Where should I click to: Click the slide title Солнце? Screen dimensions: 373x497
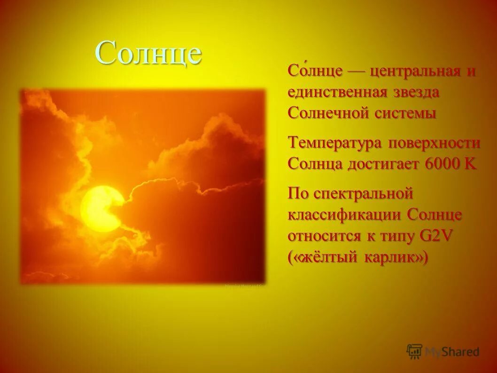[149, 52]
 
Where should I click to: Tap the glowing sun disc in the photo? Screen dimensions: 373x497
[101, 208]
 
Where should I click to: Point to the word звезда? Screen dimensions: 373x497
[416, 93]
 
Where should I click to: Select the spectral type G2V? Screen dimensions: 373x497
[435, 236]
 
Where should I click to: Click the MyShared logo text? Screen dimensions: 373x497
[452, 351]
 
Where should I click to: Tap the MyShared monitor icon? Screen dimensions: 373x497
[415, 351]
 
